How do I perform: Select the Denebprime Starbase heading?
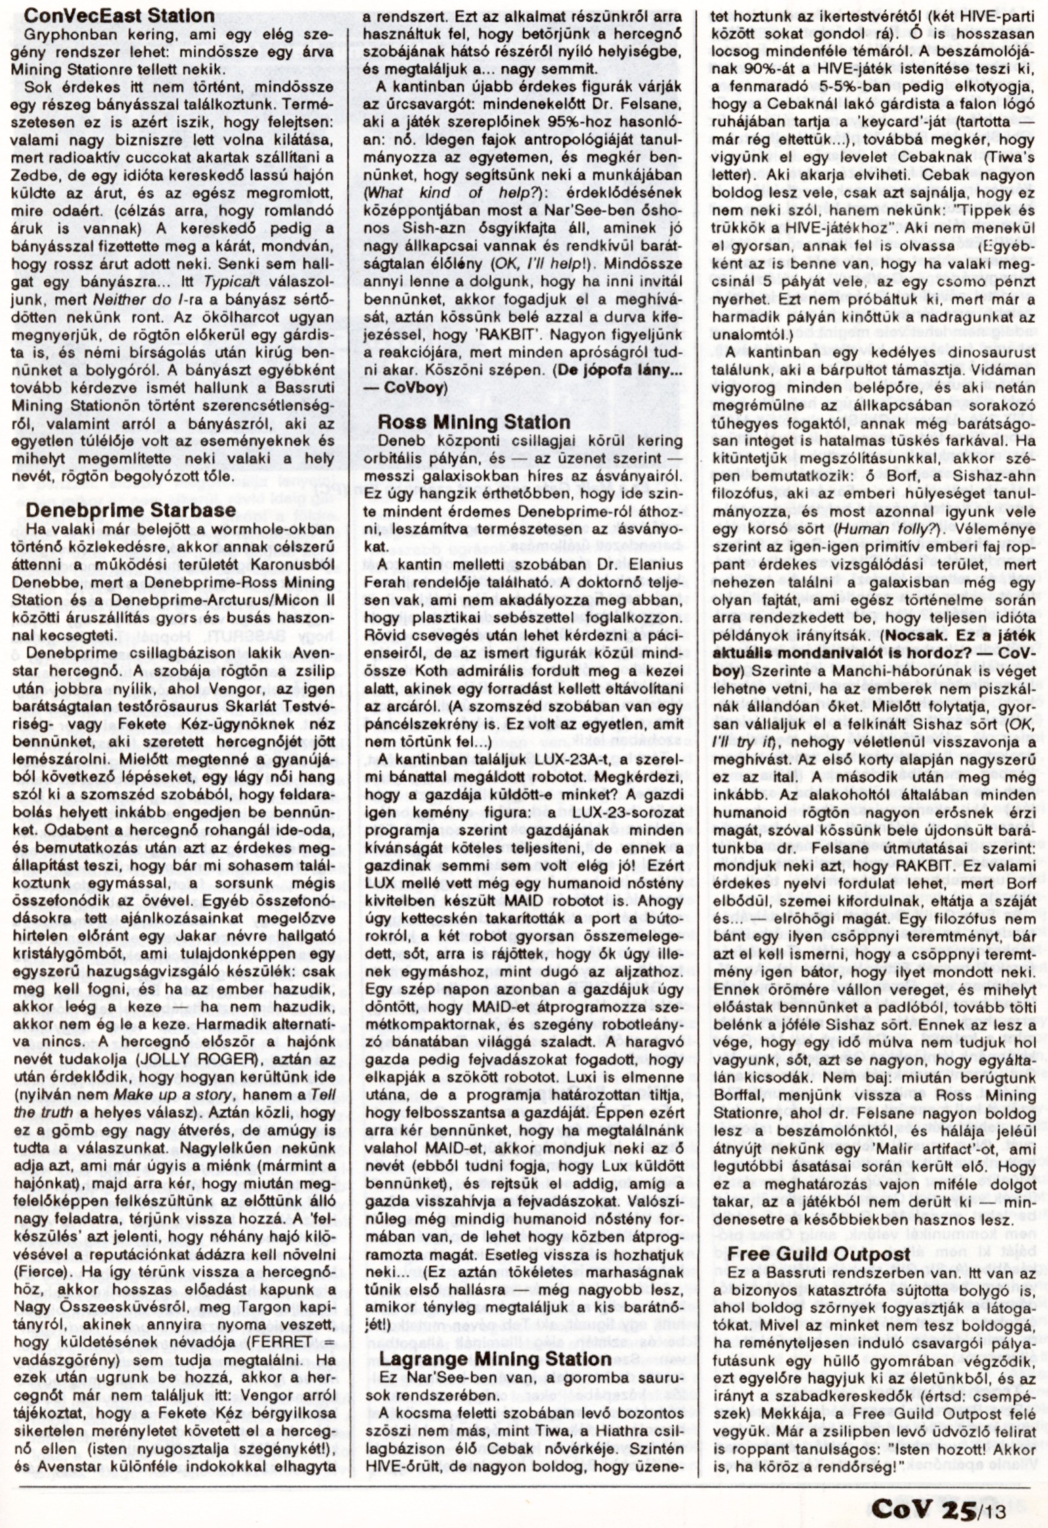(130, 510)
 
